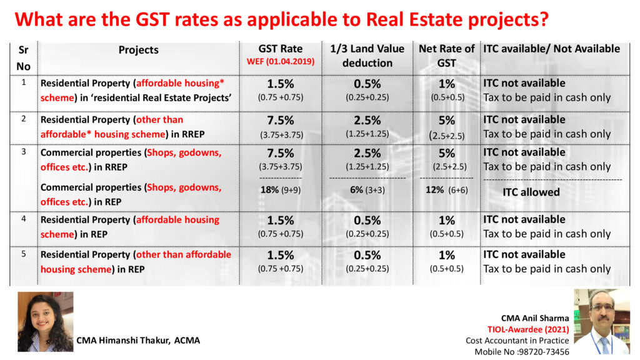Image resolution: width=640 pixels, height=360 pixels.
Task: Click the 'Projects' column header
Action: pyautogui.click(x=139, y=50)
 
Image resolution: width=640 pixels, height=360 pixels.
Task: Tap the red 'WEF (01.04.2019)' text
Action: pyautogui.click(x=281, y=61)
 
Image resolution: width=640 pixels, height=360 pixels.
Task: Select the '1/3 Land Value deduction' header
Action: pyautogui.click(x=367, y=56)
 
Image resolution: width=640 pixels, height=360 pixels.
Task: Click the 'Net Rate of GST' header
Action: pyautogui.click(x=446, y=56)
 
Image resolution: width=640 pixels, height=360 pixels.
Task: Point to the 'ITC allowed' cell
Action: pyautogui.click(x=531, y=192)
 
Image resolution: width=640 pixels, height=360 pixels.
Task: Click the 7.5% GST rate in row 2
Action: pyautogui.click(x=281, y=120)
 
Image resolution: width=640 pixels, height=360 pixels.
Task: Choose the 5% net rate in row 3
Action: pyautogui.click(x=446, y=153)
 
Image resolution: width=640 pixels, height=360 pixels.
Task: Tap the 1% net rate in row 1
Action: pyautogui.click(x=446, y=84)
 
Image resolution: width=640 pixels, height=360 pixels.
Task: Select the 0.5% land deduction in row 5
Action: pyautogui.click(x=367, y=256)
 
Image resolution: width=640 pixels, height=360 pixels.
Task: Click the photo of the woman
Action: pyautogui.click(x=45, y=321)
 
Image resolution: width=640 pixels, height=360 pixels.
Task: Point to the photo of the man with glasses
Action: pyautogui.click(x=602, y=321)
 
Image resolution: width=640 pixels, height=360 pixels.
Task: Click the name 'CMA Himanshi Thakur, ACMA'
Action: pyautogui.click(x=138, y=341)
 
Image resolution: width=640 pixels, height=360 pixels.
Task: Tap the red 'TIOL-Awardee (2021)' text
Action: pyautogui.click(x=529, y=329)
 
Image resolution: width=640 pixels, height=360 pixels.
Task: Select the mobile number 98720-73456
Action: pyautogui.click(x=542, y=352)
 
